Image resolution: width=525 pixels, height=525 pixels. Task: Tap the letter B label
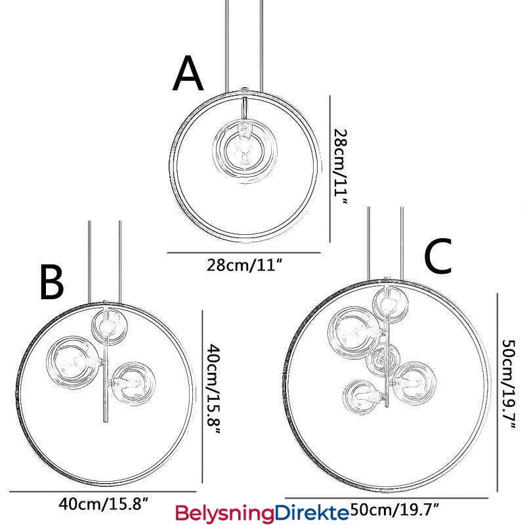pyautogui.click(x=51, y=282)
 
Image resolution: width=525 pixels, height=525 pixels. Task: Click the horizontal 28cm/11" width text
pyautogui.click(x=244, y=266)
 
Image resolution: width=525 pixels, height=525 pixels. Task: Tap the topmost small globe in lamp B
pyautogui.click(x=108, y=326)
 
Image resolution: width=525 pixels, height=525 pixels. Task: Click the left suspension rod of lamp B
pyautogui.click(x=90, y=262)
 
